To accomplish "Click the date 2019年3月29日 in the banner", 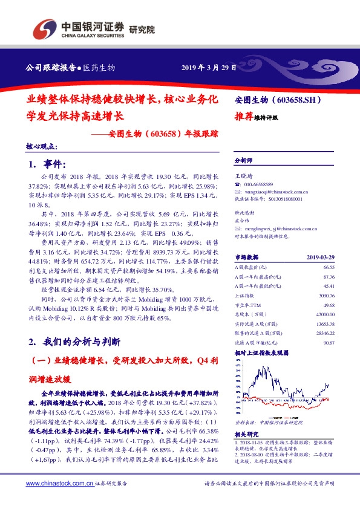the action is point(209,67).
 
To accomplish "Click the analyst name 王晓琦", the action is point(244,175).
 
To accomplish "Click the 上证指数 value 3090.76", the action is point(326,296).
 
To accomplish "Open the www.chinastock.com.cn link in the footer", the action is point(59,483).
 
